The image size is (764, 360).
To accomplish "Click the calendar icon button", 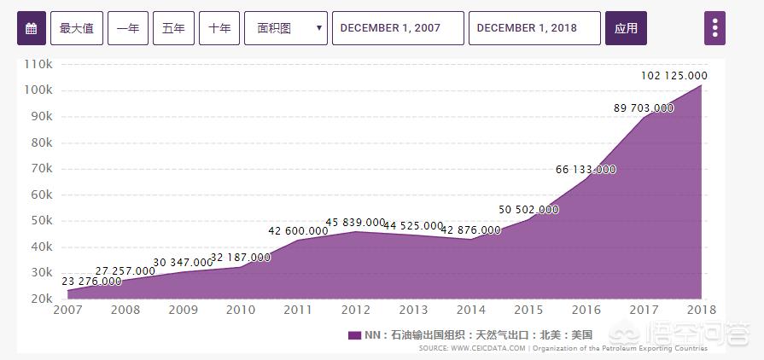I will tap(31, 28).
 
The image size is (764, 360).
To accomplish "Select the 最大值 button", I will tap(77, 28).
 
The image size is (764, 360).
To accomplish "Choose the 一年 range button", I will tap(128, 28).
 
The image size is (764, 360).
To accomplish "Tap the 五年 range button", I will tap(173, 28).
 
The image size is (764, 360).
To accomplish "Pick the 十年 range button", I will tap(219, 28).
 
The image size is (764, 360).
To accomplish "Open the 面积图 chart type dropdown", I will tap(286, 28).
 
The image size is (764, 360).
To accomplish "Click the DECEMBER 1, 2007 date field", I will tap(398, 28).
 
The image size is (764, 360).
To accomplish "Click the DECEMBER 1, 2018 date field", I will tap(534, 28).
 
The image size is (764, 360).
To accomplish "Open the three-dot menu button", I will tap(714, 28).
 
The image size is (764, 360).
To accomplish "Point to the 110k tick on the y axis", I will tap(39, 64).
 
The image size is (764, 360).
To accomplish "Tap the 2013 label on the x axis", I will tap(413, 310).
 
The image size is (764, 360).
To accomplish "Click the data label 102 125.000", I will tap(674, 76).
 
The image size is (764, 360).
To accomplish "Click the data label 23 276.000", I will tap(91, 281).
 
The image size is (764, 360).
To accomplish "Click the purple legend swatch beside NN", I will tap(355, 335).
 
